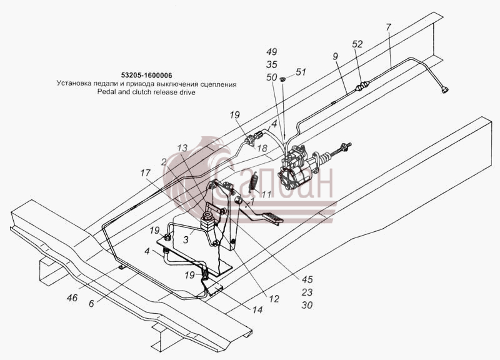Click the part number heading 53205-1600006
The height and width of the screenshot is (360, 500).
pyautogui.click(x=147, y=76)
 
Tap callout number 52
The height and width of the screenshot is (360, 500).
pyautogui.click(x=357, y=44)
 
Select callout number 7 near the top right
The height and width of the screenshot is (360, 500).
pyautogui.click(x=387, y=27)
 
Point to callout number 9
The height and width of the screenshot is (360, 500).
pyautogui.click(x=335, y=56)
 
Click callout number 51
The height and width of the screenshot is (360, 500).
pyautogui.click(x=301, y=72)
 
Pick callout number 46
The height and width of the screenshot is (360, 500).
pyautogui.click(x=72, y=297)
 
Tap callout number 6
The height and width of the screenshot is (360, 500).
pyautogui.click(x=91, y=304)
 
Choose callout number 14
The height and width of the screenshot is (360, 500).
pyautogui.click(x=257, y=309)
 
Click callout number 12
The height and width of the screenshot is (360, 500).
pyautogui.click(x=274, y=299)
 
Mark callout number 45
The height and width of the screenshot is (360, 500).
pyautogui.click(x=307, y=279)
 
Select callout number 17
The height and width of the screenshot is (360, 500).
pyautogui.click(x=145, y=173)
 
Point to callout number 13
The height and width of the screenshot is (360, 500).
pyautogui.click(x=182, y=148)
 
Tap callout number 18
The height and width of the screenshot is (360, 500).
pyautogui.click(x=262, y=148)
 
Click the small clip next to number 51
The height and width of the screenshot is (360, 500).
pyautogui.click(x=282, y=79)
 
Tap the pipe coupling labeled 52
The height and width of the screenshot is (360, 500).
pyautogui.click(x=362, y=86)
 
